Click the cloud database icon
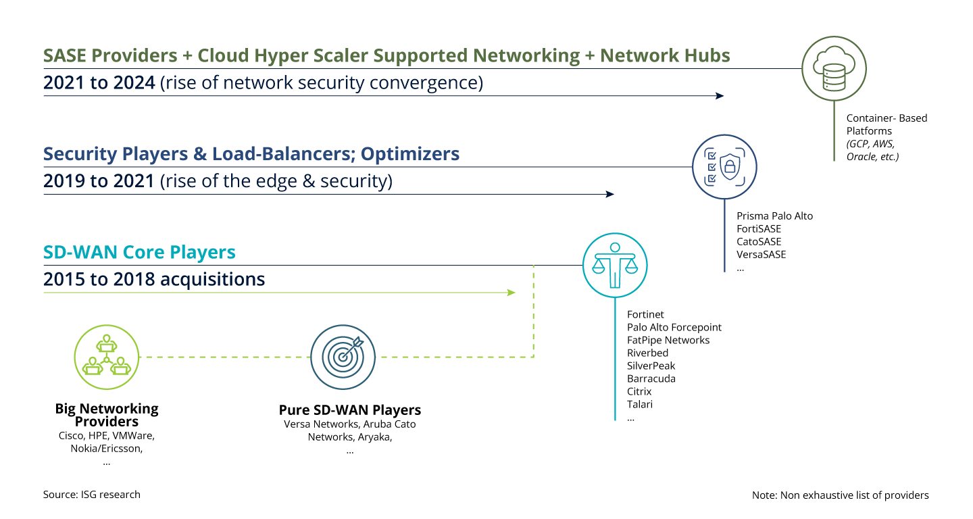(x=834, y=68)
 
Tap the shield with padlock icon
(x=724, y=167)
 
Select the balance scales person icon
(x=615, y=265)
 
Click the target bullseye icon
(x=343, y=357)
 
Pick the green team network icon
(x=106, y=357)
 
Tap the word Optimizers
(x=409, y=154)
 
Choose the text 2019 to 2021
(x=99, y=182)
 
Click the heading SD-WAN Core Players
(x=139, y=253)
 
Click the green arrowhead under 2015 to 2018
(x=512, y=293)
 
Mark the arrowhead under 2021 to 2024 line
(x=720, y=96)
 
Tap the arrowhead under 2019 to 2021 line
(x=610, y=195)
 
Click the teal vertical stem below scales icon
(x=615, y=358)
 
